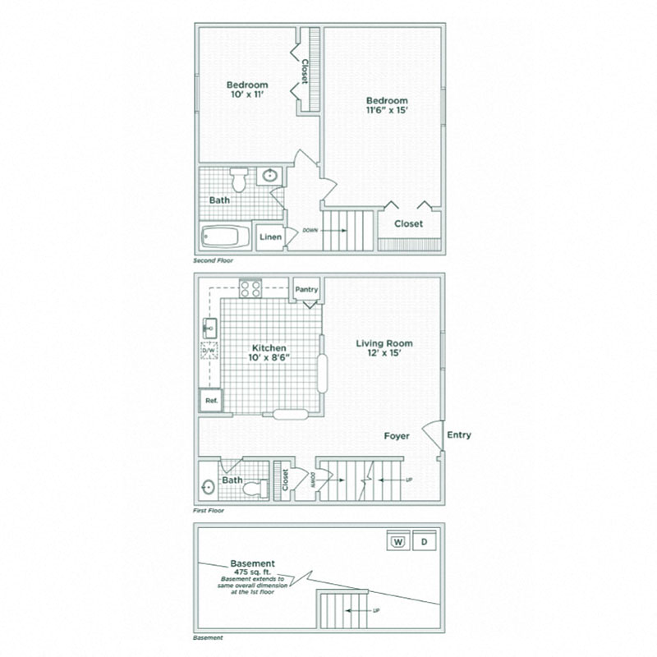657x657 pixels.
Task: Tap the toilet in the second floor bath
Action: click(239, 178)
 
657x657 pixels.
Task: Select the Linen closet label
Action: click(271, 237)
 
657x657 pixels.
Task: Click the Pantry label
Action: click(306, 289)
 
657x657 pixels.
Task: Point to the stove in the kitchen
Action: click(250, 288)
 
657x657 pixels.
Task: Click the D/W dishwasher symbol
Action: click(209, 351)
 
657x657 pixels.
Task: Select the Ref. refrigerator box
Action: click(210, 401)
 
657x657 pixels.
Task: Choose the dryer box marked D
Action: click(424, 541)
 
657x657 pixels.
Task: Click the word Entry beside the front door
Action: click(459, 435)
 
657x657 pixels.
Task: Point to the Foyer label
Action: click(397, 436)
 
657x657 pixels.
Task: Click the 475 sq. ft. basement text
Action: click(253, 571)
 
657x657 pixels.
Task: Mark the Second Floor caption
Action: click(214, 260)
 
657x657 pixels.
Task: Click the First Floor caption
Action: click(209, 510)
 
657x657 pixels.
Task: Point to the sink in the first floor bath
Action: click(208, 486)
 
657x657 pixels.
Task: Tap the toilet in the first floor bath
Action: click(248, 488)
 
